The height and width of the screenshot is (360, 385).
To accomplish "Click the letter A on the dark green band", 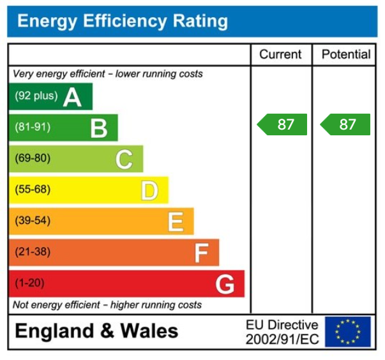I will point(72,98).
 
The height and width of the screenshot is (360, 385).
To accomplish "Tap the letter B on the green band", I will point(98,128).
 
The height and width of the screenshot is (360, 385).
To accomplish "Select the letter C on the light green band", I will point(124,159).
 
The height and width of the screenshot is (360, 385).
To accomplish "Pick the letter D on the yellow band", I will point(149,190).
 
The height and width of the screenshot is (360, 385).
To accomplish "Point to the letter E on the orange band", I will point(175,221).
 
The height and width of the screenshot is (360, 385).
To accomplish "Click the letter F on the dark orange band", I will point(201,253).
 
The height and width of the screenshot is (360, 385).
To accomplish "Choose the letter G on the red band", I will point(225,284).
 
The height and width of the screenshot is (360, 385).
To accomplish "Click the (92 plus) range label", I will point(36,96).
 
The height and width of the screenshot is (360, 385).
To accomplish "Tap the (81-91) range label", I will point(33,127).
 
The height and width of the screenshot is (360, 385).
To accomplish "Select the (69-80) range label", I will point(33,158).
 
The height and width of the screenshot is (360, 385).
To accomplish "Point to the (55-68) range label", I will point(33,190).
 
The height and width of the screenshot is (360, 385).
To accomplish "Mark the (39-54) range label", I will point(33,221).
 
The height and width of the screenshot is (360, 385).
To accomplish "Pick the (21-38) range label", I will point(33,252).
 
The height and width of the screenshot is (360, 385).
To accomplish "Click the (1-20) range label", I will point(29,283).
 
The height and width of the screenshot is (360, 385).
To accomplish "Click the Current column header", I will point(281,55).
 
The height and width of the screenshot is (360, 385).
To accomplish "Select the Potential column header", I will point(345,55).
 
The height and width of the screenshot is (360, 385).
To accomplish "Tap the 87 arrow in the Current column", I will point(283,124).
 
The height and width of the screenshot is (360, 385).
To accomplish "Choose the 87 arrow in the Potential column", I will point(345,124).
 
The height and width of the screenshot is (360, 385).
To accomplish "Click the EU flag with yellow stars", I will point(347,332).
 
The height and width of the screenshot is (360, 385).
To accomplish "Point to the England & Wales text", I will point(96,331).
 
